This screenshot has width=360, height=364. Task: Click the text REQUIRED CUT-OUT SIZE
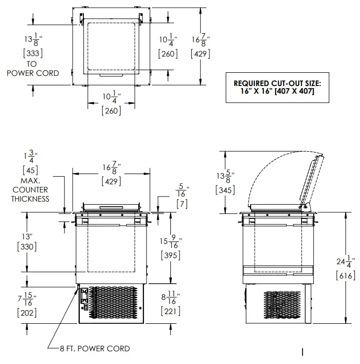click(x=278, y=83)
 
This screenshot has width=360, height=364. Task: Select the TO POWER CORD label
click(x=32, y=69)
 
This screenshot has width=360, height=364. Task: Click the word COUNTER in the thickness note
click(x=31, y=190)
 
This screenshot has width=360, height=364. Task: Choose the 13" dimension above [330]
click(x=27, y=237)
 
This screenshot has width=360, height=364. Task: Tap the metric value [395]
click(x=170, y=256)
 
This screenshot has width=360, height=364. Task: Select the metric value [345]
click(x=225, y=190)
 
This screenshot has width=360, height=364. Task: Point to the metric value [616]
click(x=345, y=275)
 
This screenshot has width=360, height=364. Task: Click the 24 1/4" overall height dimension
click(x=346, y=263)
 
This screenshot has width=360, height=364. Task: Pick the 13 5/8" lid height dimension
click(x=226, y=177)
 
